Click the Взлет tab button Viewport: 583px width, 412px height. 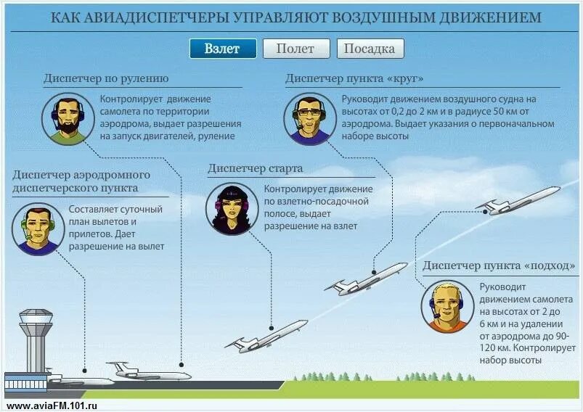tap(224, 49)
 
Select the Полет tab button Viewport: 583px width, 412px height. tap(295, 49)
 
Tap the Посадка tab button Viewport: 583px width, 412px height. tap(370, 49)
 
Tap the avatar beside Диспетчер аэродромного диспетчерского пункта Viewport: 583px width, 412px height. tap(34, 229)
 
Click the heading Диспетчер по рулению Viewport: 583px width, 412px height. tap(106, 78)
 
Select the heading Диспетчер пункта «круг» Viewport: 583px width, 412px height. tap(355, 78)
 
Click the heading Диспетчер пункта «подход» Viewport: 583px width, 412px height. tap(498, 266)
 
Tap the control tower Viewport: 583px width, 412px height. tap(36, 341)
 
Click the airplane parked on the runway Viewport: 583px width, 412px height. tap(148, 373)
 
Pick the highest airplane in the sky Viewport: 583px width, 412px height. tap(518, 200)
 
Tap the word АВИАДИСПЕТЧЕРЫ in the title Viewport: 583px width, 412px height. tap(152, 17)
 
